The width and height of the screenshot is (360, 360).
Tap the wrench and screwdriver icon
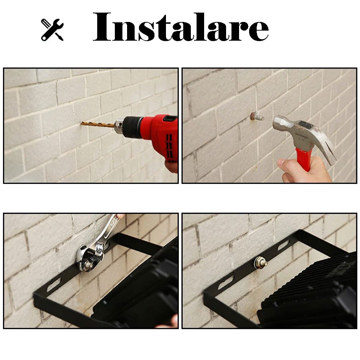[52, 30]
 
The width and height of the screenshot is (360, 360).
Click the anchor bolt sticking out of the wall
[257, 117]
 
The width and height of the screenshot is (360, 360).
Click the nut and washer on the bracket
[260, 263]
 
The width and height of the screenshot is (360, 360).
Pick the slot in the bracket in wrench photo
[54, 285]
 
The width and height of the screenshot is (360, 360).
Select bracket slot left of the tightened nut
[226, 283]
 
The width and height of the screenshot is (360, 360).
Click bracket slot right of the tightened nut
[283, 245]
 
